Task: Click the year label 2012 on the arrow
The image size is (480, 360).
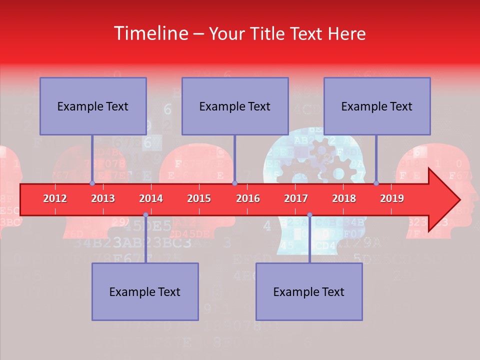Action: coord(55,198)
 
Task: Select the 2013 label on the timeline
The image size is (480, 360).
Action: coord(103,198)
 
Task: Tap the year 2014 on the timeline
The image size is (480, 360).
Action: coord(151,198)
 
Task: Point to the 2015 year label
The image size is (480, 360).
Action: coord(199,198)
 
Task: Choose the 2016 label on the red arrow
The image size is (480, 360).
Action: coord(248,198)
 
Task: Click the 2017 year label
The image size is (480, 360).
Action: coord(296,198)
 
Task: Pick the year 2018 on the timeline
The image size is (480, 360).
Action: coord(344,198)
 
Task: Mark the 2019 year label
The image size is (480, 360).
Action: coord(392,198)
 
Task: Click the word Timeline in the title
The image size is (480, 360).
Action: coord(150,33)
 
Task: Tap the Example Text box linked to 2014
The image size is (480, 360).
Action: coord(145,291)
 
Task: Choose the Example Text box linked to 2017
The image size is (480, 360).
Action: coord(309,291)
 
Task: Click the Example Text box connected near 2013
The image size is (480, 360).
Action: coord(93,106)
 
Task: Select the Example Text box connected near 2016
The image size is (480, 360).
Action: coord(235,106)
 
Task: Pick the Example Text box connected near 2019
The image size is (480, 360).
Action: coord(377,106)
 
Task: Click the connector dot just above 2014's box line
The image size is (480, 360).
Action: coord(145,215)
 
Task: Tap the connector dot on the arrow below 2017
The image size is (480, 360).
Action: coord(309,215)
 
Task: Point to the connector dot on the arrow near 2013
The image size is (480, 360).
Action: coord(92,183)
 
